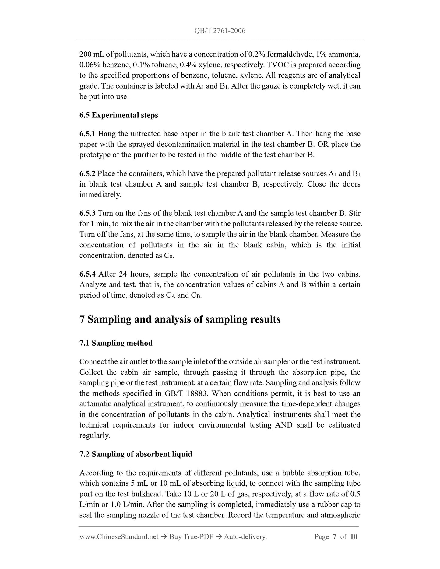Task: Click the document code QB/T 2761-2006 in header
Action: pyautogui.click(x=220, y=31)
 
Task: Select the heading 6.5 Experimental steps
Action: pyautogui.click(x=118, y=115)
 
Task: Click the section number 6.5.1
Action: pyautogui.click(x=87, y=134)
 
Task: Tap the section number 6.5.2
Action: pyautogui.click(x=87, y=174)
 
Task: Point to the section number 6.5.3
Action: pyautogui.click(x=87, y=213)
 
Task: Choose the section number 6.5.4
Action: pyautogui.click(x=87, y=274)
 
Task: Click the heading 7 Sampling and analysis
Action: pyautogui.click(x=180, y=319)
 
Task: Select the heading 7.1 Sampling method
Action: pyautogui.click(x=116, y=343)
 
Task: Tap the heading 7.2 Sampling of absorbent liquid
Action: pyautogui.click(x=136, y=454)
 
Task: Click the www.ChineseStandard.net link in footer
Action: pyautogui.click(x=119, y=537)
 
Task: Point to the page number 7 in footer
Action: pyautogui.click(x=334, y=537)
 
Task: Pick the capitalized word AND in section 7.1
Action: pyautogui.click(x=283, y=425)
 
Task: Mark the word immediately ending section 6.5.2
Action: pyautogui.click(x=100, y=195)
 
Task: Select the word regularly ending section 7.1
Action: pyautogui.click(x=94, y=436)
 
